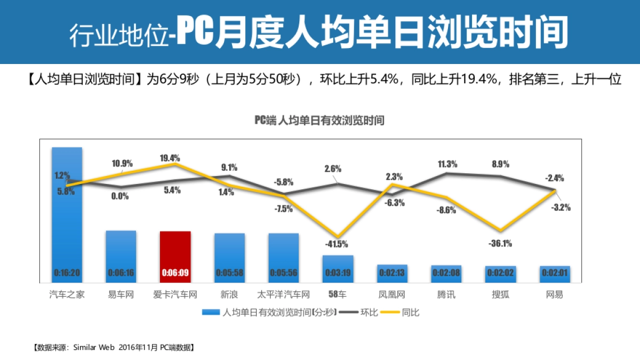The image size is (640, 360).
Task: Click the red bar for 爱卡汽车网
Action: coord(175,256)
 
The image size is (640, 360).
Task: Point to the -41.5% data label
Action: coord(337,244)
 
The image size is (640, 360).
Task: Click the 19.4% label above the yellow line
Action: coord(170,158)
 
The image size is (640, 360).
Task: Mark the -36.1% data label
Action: coord(501,244)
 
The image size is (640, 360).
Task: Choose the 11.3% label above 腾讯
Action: coord(447,164)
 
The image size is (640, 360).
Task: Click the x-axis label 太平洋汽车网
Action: coord(283,294)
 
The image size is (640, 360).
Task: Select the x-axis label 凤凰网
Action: coord(392,294)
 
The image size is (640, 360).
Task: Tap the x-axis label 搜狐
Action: coord(500,294)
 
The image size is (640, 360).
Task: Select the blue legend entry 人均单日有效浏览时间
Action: coord(269,313)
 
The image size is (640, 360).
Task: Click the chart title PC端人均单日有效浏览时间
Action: coord(319,121)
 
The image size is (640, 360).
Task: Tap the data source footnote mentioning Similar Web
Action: coord(114,347)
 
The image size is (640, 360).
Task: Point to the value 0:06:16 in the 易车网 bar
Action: coord(121,273)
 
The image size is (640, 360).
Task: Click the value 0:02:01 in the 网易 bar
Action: coord(555,273)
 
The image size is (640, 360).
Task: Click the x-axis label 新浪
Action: coord(229,294)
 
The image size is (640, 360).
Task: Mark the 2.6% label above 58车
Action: coord(333,169)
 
